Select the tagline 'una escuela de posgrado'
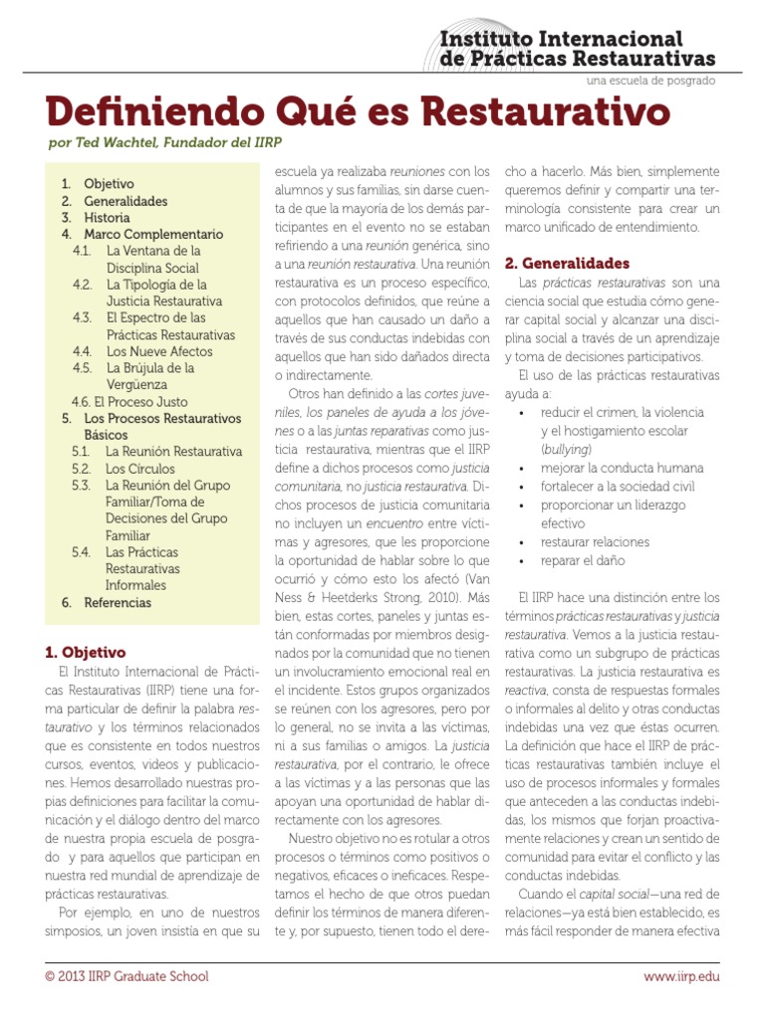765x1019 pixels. point(650,80)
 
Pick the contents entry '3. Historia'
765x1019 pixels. point(96,218)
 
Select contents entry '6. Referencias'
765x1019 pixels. point(107,602)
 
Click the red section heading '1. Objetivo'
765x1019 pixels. point(86,653)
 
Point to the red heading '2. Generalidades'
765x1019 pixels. point(567,264)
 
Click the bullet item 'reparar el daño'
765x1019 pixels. point(583,560)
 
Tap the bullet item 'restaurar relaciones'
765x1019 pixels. point(595,542)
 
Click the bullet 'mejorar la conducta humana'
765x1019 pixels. point(617,468)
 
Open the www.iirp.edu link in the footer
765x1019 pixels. point(680,976)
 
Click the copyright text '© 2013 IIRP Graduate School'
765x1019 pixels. point(127,976)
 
